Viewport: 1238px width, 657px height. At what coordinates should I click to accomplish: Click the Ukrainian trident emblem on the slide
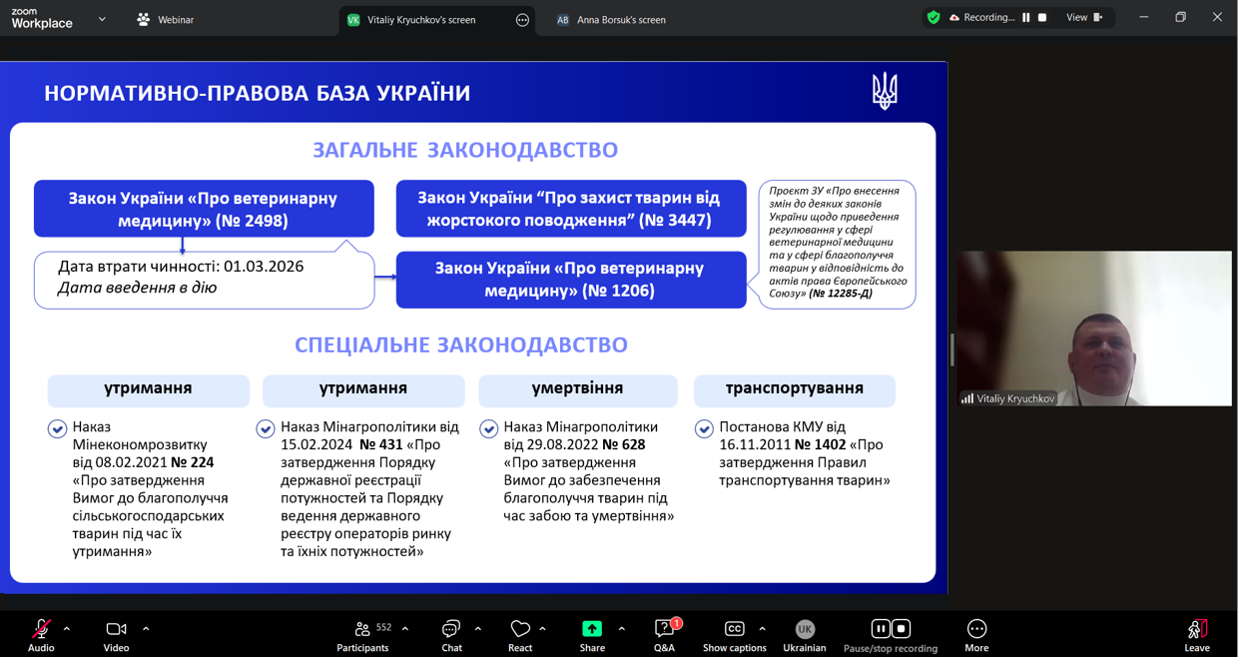[x=885, y=91]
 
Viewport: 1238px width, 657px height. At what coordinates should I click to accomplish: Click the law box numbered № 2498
[x=204, y=209]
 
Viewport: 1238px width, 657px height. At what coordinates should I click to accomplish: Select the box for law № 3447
[x=571, y=209]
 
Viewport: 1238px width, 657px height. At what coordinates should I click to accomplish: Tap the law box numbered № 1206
[x=571, y=280]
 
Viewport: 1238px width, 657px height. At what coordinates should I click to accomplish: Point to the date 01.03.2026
[x=264, y=267]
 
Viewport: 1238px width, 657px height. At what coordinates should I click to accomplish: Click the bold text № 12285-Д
[x=840, y=294]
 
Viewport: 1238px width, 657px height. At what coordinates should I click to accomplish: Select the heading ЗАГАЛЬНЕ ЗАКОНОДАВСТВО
[x=465, y=151]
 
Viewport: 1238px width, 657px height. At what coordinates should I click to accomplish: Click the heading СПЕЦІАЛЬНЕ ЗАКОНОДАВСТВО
[x=461, y=344]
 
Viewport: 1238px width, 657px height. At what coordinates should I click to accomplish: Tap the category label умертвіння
[x=577, y=387]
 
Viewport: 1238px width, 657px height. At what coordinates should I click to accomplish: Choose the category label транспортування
[x=794, y=388]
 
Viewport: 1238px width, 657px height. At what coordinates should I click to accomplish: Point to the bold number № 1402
[x=821, y=444]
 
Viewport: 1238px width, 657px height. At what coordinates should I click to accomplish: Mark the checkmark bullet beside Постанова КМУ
[x=704, y=429]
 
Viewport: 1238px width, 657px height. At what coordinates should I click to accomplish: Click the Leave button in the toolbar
[x=1197, y=635]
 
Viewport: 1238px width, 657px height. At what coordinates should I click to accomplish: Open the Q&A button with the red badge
[x=664, y=635]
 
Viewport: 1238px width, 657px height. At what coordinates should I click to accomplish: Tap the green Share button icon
[x=592, y=629]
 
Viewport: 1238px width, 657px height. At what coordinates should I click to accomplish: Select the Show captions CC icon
[x=734, y=629]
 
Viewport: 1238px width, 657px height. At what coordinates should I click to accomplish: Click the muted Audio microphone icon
[x=41, y=629]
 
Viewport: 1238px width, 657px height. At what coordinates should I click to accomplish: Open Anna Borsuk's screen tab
[x=611, y=20]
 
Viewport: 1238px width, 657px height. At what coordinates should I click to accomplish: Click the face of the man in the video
[x=1101, y=348]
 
